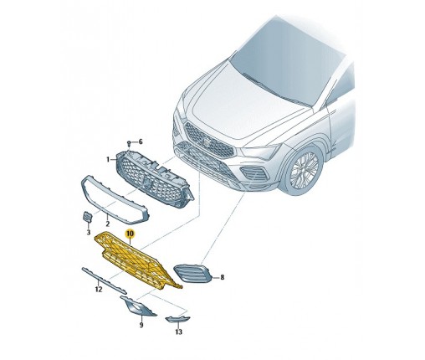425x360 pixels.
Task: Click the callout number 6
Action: click(x=141, y=142)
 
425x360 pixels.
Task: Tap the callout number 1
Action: click(x=108, y=160)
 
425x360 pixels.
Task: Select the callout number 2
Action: click(x=108, y=224)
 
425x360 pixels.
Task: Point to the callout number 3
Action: click(x=89, y=232)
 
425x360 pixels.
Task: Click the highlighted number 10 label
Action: click(x=130, y=234)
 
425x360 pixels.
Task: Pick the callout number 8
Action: click(x=223, y=277)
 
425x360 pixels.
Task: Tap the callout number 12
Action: click(x=99, y=290)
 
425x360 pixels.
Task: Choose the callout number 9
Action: click(x=141, y=325)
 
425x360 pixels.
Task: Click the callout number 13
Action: click(x=179, y=332)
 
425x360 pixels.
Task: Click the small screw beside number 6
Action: click(x=130, y=144)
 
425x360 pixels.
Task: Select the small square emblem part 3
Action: click(x=87, y=217)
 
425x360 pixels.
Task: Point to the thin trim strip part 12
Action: click(x=104, y=280)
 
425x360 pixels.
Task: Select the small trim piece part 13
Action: click(x=177, y=319)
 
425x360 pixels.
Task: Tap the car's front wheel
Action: click(x=304, y=169)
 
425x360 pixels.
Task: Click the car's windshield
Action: click(x=287, y=63)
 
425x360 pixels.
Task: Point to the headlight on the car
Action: click(x=261, y=153)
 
